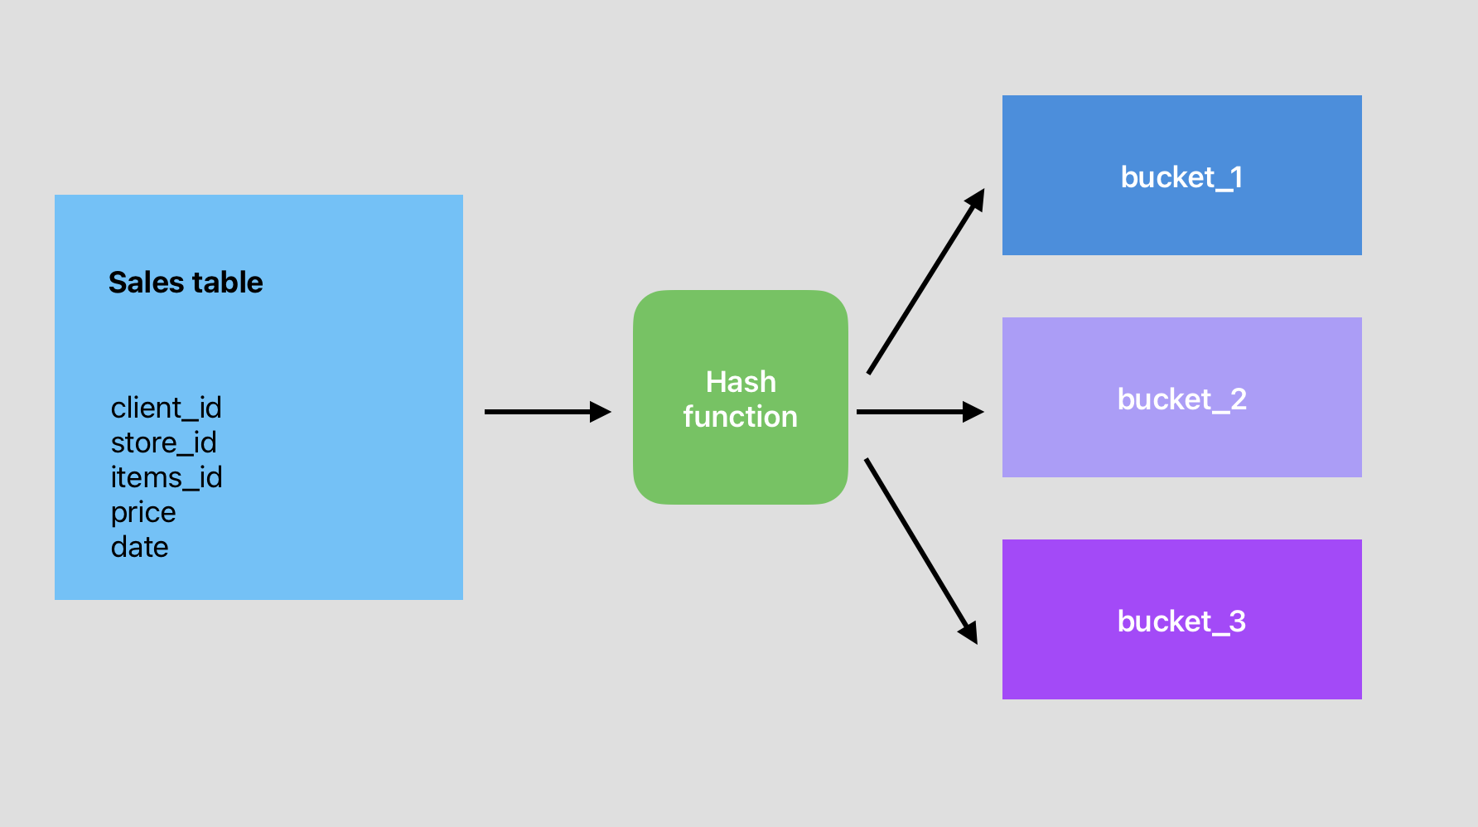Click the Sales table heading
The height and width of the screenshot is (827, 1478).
coord(186,283)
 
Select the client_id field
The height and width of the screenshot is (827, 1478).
coord(166,408)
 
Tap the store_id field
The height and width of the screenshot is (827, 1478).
coord(163,443)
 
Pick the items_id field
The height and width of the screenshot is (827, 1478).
coord(166,477)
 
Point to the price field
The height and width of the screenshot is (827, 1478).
coord(143,513)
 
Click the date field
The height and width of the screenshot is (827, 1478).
coord(139,547)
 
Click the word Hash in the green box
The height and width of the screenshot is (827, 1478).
coord(741,382)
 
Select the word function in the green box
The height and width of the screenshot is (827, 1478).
coord(740,417)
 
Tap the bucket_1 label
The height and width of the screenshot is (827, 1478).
coord(1181,177)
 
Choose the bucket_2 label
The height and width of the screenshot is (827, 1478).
coord(1181,399)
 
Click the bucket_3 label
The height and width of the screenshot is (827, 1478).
coord(1181,621)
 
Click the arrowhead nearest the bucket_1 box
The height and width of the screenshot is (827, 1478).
coord(976,201)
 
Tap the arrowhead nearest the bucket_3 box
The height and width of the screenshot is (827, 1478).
coord(969,631)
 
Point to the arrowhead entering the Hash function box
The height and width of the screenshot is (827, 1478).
coord(600,412)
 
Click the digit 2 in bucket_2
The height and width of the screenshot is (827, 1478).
coord(1238,399)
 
